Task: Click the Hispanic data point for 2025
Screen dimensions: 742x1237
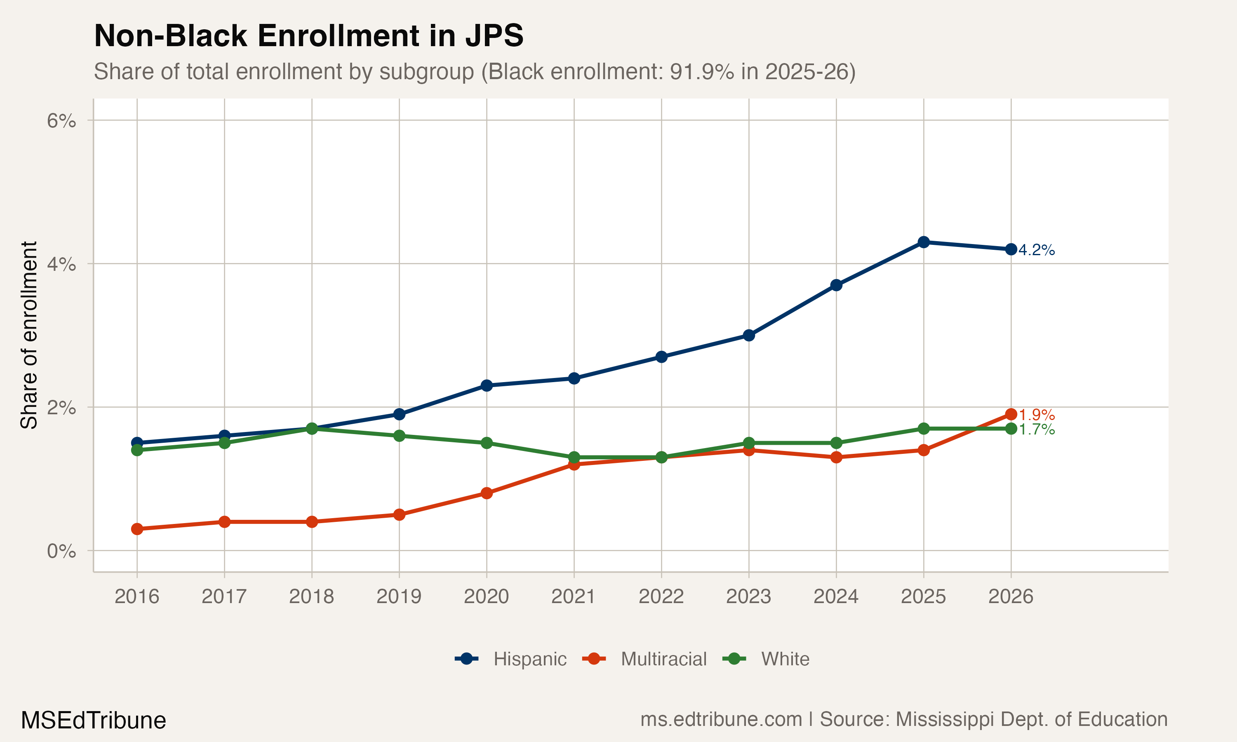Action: point(924,242)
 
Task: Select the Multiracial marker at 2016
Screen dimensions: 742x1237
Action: point(137,529)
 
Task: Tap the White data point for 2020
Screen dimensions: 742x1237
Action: point(487,443)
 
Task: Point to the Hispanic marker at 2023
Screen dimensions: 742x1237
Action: point(748,335)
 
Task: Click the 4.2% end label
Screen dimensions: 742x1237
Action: point(1037,250)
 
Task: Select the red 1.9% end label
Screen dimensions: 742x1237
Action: point(1037,415)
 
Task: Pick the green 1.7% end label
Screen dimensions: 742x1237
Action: point(1037,429)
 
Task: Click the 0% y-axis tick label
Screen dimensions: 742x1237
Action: point(61,551)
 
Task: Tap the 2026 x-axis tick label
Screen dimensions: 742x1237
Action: point(1011,596)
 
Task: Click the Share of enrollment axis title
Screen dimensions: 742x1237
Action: point(29,335)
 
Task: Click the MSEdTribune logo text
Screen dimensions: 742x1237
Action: point(93,721)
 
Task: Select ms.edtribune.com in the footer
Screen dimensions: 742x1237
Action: point(721,719)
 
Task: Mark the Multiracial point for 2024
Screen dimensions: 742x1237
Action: point(836,457)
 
